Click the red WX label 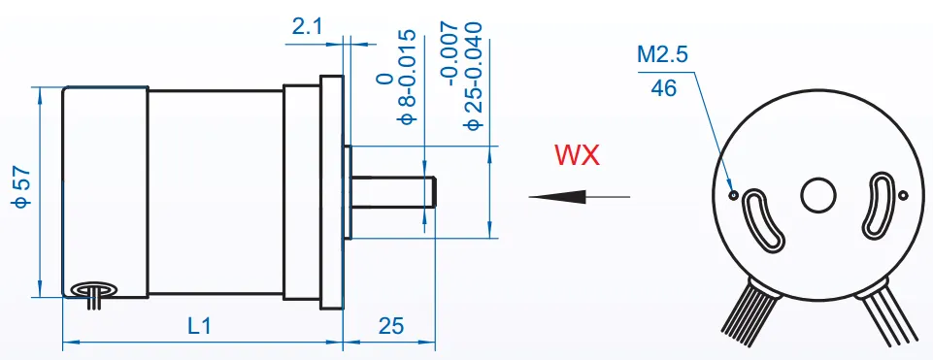(x=577, y=155)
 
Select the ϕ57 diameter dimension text (x=21, y=186)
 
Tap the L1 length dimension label (x=199, y=327)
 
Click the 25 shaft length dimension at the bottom (x=390, y=327)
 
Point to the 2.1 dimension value (x=308, y=28)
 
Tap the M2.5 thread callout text (x=662, y=56)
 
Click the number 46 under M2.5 (x=664, y=88)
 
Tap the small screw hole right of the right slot (x=903, y=196)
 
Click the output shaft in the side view (x=393, y=191)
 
